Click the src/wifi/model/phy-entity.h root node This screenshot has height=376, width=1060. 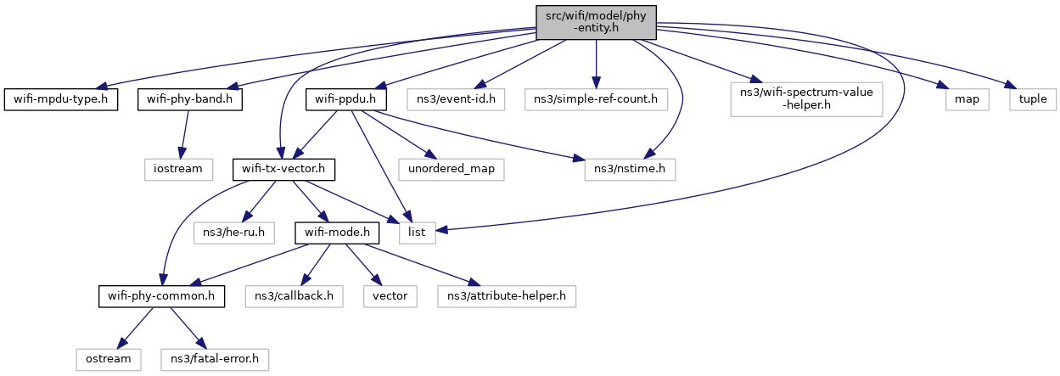pos(596,21)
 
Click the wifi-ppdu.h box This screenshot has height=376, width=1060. pos(346,99)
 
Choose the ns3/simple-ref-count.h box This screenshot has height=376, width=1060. pos(596,99)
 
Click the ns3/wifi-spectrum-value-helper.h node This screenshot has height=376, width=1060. pos(807,99)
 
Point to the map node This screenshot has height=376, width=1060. pos(966,99)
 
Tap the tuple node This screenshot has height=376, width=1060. pos(1033,99)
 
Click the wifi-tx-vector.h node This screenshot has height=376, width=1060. pos(283,168)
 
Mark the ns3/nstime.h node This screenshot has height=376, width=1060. pos(629,168)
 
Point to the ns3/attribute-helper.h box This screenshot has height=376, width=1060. pos(507,296)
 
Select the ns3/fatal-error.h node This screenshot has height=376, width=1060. pos(215,359)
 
